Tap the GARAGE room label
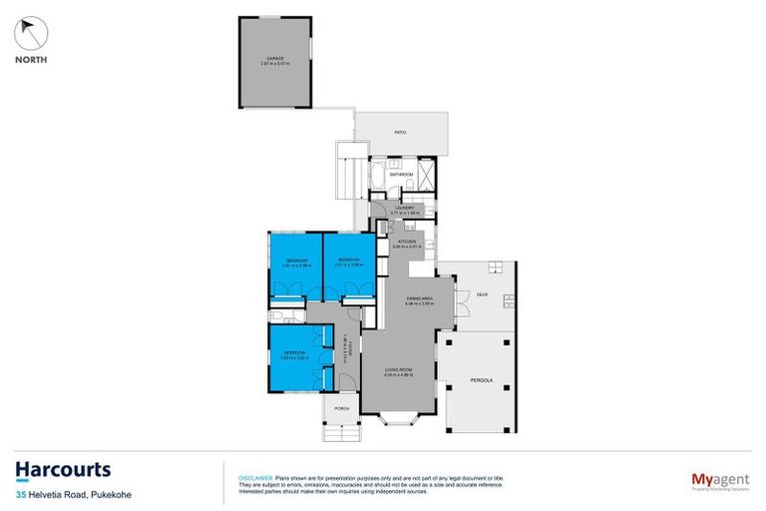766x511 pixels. [274, 59]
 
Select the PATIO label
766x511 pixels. [401, 131]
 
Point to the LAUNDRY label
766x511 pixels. [402, 208]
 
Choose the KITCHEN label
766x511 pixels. [406, 242]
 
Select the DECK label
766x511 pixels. [482, 294]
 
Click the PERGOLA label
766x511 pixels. [482, 379]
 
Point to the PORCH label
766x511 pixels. [340, 408]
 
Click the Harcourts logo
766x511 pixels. [62, 470]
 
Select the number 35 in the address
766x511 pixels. [20, 494]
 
